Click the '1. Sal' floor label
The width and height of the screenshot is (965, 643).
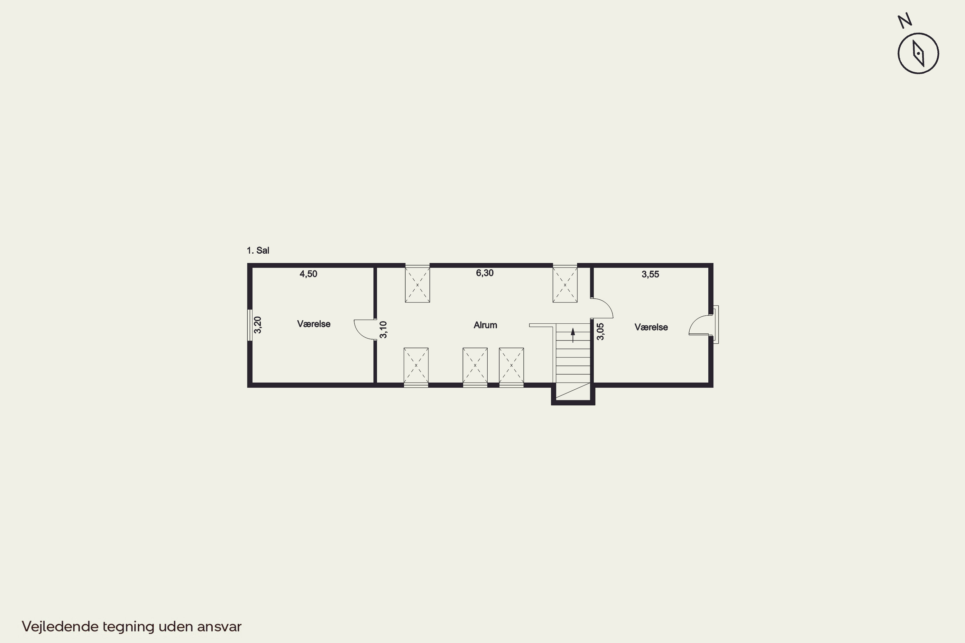(x=258, y=250)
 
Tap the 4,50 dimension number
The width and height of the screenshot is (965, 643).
(x=308, y=274)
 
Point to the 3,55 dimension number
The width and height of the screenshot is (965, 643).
(x=650, y=274)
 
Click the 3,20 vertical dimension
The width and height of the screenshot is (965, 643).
(x=258, y=325)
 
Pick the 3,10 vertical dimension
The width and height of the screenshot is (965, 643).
(x=383, y=330)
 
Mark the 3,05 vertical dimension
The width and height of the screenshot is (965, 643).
(x=600, y=331)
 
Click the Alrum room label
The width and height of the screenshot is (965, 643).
(x=485, y=325)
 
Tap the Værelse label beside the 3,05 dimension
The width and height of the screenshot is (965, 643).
(x=651, y=327)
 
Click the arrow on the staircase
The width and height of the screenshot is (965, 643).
(x=573, y=335)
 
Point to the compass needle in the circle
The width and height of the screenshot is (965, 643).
(x=918, y=53)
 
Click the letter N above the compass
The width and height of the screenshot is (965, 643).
(x=905, y=21)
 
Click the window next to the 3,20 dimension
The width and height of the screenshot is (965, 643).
(x=250, y=325)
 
